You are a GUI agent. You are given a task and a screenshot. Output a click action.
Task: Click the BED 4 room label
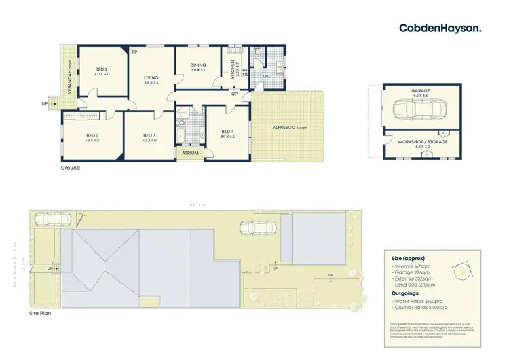point(227,134)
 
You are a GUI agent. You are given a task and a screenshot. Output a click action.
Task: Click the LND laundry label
point(268,76)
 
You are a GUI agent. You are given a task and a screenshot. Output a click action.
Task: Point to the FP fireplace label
point(134,52)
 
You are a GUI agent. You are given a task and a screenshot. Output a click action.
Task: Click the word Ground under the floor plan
point(71,168)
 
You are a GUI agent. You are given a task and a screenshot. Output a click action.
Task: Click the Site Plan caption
point(40,314)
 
